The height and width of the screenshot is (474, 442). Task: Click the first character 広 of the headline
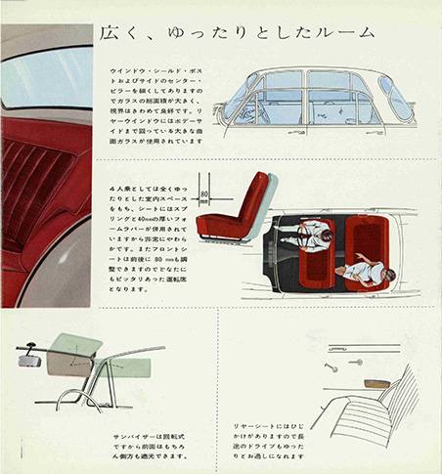pos(110,33)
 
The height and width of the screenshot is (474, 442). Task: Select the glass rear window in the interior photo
pos(44,73)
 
